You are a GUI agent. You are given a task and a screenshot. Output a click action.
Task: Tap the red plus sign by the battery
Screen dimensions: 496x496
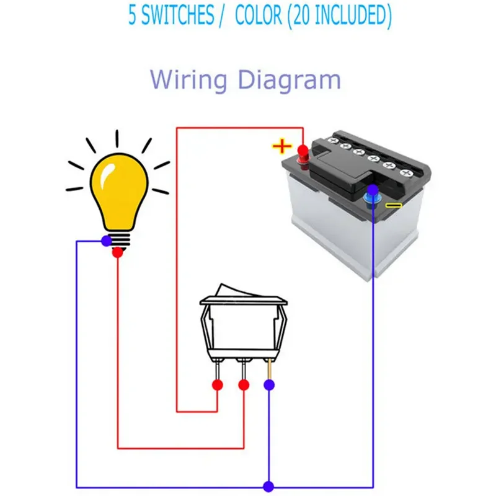pyautogui.click(x=281, y=146)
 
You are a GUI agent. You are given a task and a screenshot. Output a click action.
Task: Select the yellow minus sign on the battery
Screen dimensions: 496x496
pyautogui.click(x=394, y=206)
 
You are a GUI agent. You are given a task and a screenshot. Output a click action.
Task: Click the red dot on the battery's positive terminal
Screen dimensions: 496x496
pyautogui.click(x=303, y=150)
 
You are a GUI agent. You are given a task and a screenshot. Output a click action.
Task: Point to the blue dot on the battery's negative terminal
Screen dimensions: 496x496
pyautogui.click(x=373, y=190)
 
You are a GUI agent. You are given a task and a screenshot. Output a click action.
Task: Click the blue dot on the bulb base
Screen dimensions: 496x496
pyautogui.click(x=107, y=241)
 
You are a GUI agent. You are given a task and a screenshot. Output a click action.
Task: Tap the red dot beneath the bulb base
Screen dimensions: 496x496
pyautogui.click(x=118, y=252)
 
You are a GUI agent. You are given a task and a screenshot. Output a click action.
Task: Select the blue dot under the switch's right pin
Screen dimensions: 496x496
pyautogui.click(x=269, y=385)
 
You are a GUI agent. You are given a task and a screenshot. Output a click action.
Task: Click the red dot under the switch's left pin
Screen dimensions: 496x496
pyautogui.click(x=218, y=385)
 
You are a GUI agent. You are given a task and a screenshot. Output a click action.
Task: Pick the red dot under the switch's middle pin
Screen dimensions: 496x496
pyautogui.click(x=244, y=385)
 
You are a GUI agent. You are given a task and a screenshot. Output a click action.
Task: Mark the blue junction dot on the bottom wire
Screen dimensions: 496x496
pyautogui.click(x=268, y=487)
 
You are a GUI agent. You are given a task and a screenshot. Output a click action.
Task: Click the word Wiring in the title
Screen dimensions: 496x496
pyautogui.click(x=188, y=81)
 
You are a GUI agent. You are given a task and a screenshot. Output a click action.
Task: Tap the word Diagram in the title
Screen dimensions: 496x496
pyautogui.click(x=289, y=81)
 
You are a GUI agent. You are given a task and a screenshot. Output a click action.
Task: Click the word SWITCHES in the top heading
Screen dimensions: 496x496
pyautogui.click(x=178, y=15)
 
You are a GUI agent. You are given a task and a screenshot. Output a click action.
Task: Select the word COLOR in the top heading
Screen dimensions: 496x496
pyautogui.click(x=259, y=15)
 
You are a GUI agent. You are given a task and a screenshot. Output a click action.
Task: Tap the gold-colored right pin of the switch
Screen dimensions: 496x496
pyautogui.click(x=269, y=370)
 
